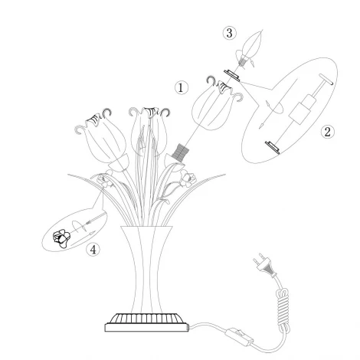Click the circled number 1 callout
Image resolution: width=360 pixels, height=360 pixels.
tap(182, 87)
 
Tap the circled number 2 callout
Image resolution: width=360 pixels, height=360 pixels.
tap(328, 131)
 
